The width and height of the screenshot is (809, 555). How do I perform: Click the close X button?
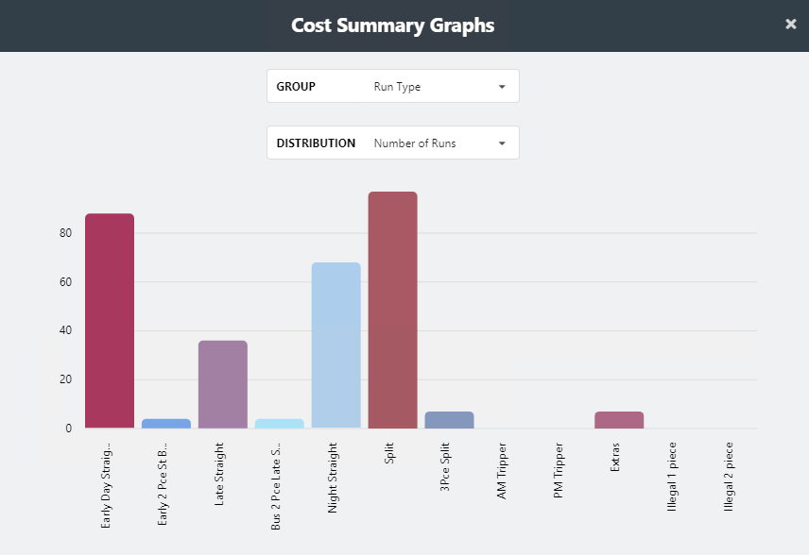(791, 25)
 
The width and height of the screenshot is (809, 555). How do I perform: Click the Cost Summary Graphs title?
(392, 25)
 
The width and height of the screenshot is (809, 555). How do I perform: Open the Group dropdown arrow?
(502, 87)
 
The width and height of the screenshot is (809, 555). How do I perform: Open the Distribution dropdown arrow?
(502, 143)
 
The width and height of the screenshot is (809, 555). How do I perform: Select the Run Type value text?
(397, 87)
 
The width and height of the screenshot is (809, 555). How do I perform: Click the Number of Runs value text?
(414, 143)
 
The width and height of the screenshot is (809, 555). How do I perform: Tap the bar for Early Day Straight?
(110, 321)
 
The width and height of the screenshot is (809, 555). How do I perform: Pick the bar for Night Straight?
(336, 345)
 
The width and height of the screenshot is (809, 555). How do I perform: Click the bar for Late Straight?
(223, 384)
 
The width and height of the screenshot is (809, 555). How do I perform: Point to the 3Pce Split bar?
(449, 420)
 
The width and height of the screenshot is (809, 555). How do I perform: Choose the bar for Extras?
(619, 420)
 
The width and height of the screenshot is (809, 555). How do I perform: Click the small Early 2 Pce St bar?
(166, 424)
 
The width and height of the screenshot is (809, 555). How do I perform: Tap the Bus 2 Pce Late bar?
(280, 424)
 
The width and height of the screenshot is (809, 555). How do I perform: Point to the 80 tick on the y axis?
(65, 233)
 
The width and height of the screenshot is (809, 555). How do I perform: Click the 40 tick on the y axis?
(65, 331)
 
